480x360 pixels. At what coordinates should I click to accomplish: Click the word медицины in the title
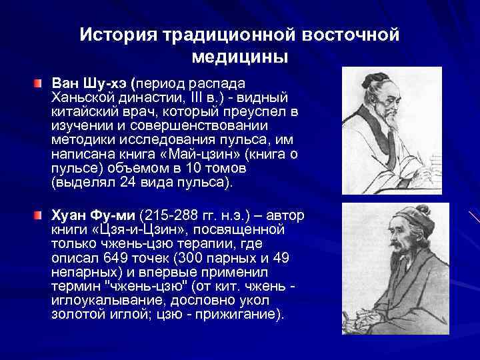tap(240, 57)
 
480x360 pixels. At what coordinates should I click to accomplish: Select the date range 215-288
tap(169, 216)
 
